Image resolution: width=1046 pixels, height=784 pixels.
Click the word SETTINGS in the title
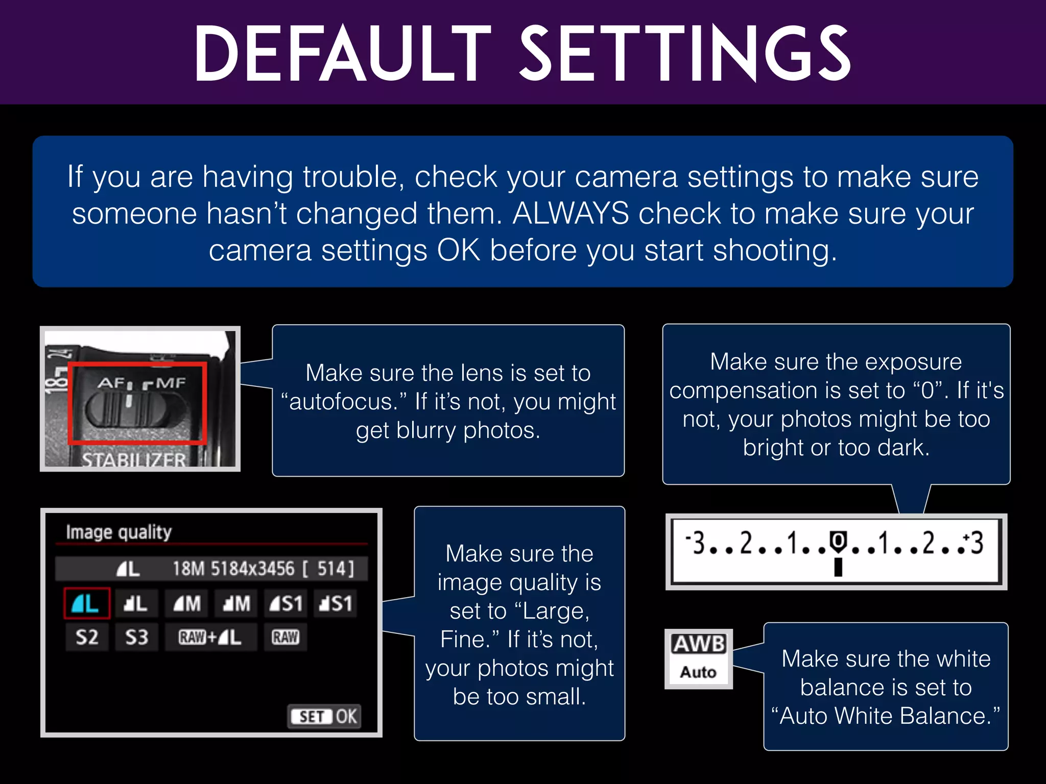click(x=684, y=54)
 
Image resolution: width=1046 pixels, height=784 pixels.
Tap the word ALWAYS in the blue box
click(x=570, y=213)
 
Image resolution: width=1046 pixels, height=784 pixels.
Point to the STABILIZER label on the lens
click(x=134, y=459)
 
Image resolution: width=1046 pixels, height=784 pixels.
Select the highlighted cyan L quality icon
click(x=86, y=604)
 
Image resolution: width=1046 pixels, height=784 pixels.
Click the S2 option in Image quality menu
click(x=87, y=637)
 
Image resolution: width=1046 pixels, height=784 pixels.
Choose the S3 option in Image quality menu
click(x=136, y=637)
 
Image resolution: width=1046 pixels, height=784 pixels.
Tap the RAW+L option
click(x=210, y=637)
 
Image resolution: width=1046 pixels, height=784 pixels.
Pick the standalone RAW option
click(x=285, y=637)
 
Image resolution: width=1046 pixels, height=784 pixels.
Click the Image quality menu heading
click(x=118, y=532)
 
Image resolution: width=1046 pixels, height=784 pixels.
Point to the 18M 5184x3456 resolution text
click(x=233, y=569)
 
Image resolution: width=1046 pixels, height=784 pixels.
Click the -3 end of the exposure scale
click(x=696, y=542)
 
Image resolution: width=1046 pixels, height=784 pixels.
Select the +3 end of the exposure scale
click(x=974, y=542)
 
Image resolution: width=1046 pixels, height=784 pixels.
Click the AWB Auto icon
click(x=698, y=658)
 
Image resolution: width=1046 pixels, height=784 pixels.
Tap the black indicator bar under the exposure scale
click(x=838, y=567)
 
